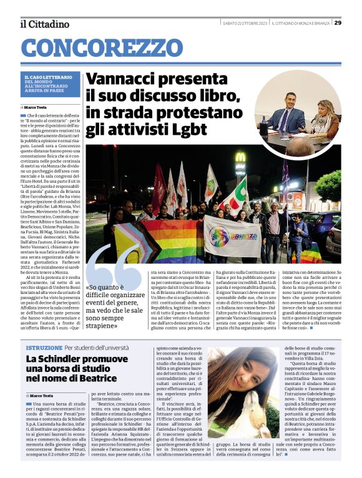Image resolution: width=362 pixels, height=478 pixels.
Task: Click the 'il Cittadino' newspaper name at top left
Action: pyautogui.click(x=45, y=24)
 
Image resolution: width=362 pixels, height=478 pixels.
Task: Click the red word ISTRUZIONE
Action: pyautogui.click(x=44, y=347)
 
